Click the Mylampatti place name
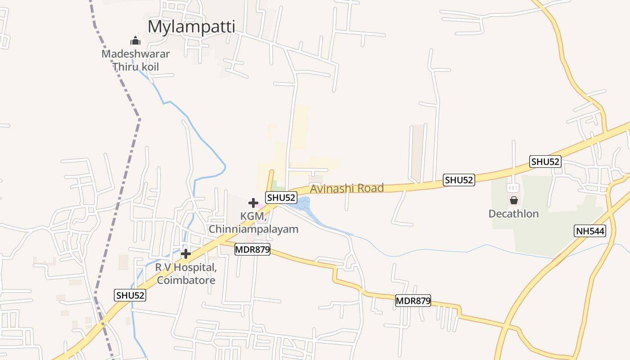point(191,27)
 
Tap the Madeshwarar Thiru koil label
point(135,60)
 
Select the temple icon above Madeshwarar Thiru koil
point(135,41)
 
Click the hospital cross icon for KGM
point(253,203)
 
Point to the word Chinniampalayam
point(253,229)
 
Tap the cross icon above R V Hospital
point(186,254)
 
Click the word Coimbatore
point(186,280)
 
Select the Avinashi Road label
point(346,188)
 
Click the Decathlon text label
point(513,213)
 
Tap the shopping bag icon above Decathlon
point(513,200)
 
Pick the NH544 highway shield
point(590,231)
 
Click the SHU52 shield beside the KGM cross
point(281,197)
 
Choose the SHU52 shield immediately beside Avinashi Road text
point(459,180)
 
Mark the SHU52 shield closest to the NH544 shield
point(545,162)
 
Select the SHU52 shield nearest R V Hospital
point(130,295)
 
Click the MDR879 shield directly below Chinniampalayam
point(252,249)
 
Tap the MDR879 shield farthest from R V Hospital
point(413,301)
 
